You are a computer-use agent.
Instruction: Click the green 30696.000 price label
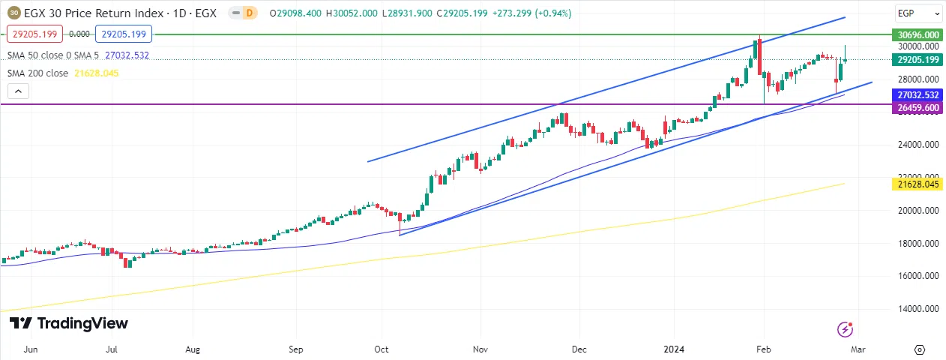(918, 34)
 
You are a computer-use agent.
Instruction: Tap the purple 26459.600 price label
(918, 108)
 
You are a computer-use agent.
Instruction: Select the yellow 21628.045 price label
(918, 184)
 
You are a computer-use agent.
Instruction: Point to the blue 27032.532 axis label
(918, 95)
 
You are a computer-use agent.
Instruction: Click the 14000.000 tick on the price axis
(918, 308)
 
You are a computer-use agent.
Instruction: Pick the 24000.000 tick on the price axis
(918, 145)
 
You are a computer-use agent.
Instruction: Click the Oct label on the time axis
(382, 349)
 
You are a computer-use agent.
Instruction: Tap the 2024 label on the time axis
(673, 349)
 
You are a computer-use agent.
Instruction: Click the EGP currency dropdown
(918, 13)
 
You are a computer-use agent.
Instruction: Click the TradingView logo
(69, 323)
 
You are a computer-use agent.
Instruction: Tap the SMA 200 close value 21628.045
(97, 73)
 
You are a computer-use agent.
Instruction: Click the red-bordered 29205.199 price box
(31, 34)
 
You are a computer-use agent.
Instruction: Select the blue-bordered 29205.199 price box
(123, 34)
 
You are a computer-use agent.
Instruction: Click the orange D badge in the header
(250, 12)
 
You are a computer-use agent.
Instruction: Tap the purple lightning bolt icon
(845, 328)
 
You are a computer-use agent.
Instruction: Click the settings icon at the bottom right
(920, 349)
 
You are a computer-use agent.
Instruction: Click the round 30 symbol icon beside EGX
(14, 12)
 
